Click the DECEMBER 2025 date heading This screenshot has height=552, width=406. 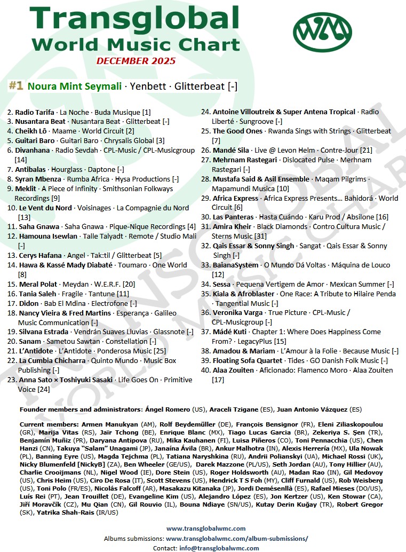[136, 61]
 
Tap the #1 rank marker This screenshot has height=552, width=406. [15, 85]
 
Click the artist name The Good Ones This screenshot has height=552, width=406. [237, 131]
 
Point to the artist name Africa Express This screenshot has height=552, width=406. [235, 199]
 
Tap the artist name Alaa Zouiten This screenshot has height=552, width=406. [233, 370]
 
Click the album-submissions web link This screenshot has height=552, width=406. [237, 539]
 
